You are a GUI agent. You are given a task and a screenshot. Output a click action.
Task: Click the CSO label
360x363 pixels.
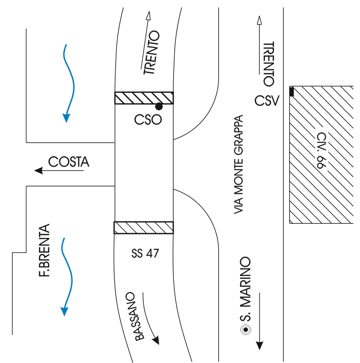148,120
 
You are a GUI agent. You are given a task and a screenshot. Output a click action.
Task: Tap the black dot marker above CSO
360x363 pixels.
159,107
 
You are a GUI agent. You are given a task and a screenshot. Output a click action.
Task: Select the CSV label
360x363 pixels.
267,101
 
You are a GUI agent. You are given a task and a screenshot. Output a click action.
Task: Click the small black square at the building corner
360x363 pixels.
291,92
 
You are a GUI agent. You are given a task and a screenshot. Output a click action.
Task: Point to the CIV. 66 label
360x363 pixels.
321,150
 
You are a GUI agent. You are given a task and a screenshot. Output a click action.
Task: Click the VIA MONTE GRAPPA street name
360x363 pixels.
238,164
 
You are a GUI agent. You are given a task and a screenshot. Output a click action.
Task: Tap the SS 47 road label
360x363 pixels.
145,253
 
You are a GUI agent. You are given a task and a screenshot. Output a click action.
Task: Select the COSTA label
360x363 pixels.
69,162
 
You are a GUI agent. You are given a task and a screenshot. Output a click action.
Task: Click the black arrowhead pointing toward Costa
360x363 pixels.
39,171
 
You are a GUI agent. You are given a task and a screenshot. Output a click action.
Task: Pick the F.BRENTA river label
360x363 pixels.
44,250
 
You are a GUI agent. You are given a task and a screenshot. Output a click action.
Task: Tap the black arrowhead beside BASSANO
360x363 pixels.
156,340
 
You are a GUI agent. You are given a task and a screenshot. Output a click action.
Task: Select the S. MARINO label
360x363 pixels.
245,289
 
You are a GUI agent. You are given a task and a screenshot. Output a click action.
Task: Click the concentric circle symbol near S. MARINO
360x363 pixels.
246,329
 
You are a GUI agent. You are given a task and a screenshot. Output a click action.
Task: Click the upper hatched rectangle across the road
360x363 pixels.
144,98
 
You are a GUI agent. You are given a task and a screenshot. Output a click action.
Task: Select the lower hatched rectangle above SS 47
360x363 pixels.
144,228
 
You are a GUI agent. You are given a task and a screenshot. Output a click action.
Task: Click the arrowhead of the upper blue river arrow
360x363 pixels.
66,118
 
